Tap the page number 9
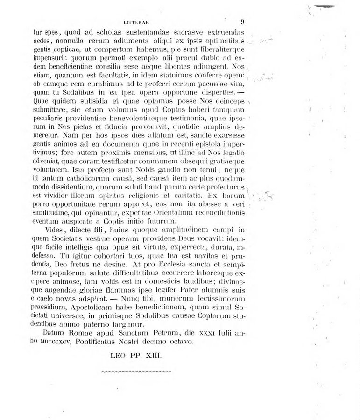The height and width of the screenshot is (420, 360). pos(243,21)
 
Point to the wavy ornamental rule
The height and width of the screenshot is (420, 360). pos(136,372)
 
